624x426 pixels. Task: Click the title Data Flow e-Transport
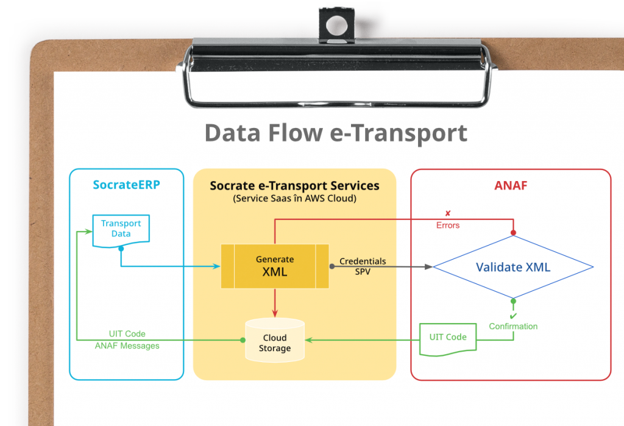pos(336,132)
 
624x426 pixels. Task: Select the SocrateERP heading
pos(126,185)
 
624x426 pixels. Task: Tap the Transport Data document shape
pos(121,230)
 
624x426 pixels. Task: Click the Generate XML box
pos(274,266)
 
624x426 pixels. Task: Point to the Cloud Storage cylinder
pos(274,339)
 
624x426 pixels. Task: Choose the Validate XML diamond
pos(512,267)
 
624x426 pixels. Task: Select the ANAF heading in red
pos(511,185)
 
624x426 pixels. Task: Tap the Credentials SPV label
pos(363,266)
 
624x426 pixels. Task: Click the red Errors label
pos(448,225)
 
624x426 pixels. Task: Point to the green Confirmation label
pos(513,326)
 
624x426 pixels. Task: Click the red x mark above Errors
pos(448,213)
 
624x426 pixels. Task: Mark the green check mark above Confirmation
pos(513,315)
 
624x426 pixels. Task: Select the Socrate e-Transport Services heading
pos(294,186)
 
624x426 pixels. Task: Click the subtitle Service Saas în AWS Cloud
pos(294,199)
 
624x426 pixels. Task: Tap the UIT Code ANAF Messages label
pos(127,339)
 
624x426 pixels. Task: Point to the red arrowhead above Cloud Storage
pos(275,313)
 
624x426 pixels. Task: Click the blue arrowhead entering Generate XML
pos(216,266)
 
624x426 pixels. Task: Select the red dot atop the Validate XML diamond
pos(513,233)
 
